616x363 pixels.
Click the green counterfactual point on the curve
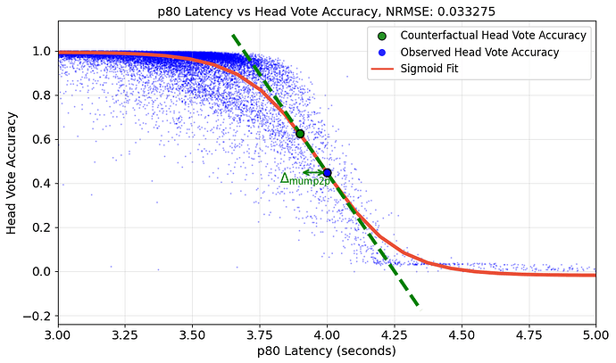tap(300, 134)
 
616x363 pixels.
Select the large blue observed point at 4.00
tap(327, 173)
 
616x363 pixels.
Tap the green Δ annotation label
tap(305, 179)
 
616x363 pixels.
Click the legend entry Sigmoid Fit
tap(429, 70)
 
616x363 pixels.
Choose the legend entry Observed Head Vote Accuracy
tap(480, 53)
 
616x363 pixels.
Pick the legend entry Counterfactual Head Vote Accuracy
tap(493, 35)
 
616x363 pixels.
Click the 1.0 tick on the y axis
tap(41, 52)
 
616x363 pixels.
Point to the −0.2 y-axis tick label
tap(37, 316)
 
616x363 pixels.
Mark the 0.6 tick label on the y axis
tap(41, 140)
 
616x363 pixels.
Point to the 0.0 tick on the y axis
tap(41, 272)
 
